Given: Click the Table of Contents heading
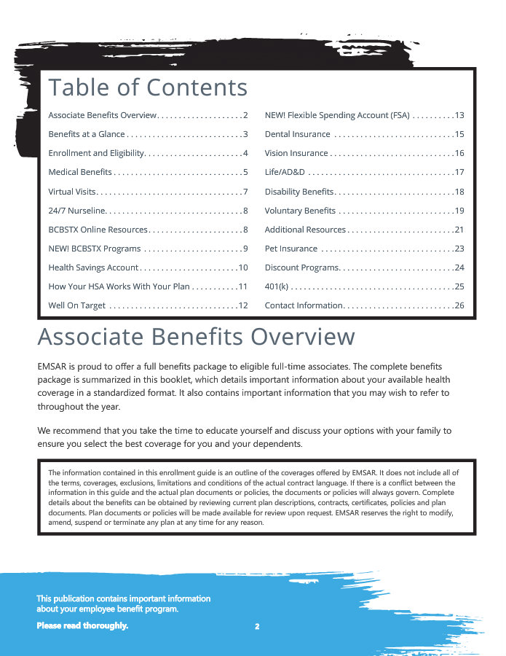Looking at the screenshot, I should [148, 87].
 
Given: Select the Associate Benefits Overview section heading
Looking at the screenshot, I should [196, 337].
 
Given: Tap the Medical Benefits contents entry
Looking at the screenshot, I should [80, 172].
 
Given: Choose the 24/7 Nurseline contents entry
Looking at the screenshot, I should [77, 211].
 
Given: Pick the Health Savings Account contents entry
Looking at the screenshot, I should [93, 268].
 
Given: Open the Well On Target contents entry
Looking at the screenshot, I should [77, 305].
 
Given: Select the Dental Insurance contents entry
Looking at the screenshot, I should [297, 134].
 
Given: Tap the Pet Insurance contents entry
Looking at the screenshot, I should [291, 249].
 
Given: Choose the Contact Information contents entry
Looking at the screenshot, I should [303, 305].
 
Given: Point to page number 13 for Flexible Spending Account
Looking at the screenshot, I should [459, 115].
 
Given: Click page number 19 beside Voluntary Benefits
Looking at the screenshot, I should [459, 211].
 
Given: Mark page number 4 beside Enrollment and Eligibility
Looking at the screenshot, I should [245, 153].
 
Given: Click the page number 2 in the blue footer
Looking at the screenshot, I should [257, 626].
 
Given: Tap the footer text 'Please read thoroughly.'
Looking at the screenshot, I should [82, 625].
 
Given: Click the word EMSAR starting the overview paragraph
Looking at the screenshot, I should [52, 366].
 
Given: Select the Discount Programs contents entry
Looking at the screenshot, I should [301, 268].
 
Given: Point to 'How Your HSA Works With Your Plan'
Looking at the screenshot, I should [119, 286].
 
